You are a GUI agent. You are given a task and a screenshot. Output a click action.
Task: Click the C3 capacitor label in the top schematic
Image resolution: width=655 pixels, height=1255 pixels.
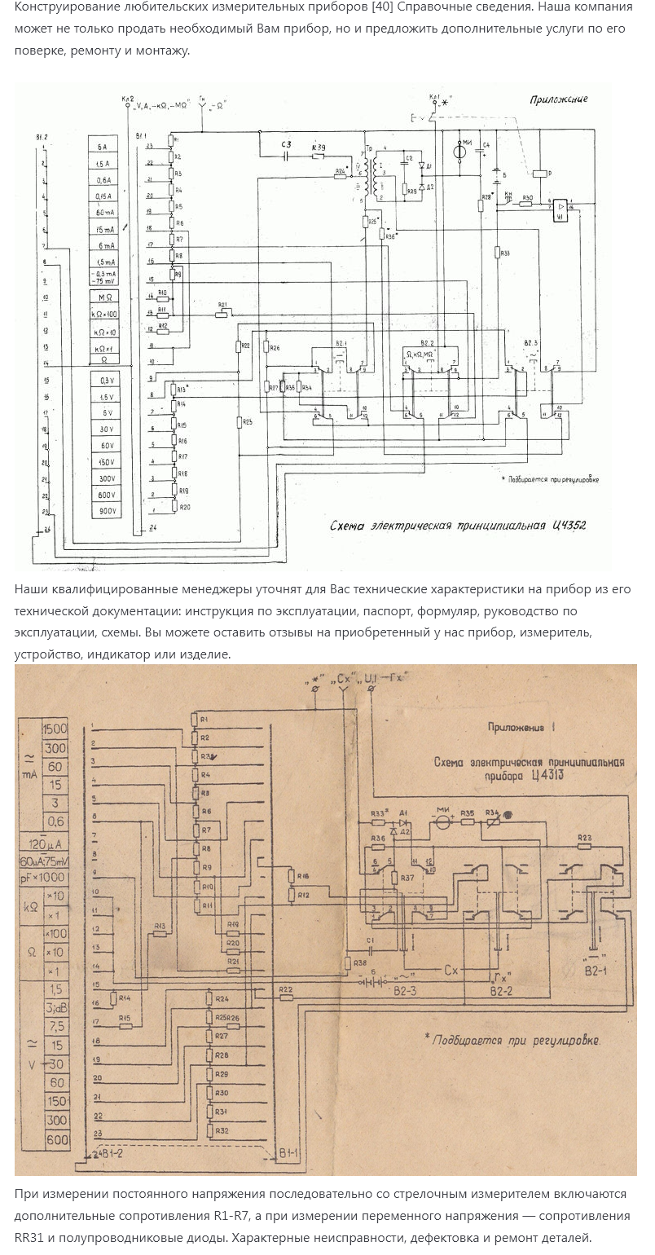285,145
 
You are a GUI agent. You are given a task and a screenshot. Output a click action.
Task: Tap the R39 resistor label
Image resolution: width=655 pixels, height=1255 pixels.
319,147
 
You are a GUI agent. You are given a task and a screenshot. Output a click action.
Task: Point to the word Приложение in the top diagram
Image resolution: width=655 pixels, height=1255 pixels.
558,99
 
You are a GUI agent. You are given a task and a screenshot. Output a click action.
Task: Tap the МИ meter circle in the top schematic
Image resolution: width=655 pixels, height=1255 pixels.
460,150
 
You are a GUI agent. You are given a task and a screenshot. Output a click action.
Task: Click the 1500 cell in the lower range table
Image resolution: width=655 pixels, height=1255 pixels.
56,729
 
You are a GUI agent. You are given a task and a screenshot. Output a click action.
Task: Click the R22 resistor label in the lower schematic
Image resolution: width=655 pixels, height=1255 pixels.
286,989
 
